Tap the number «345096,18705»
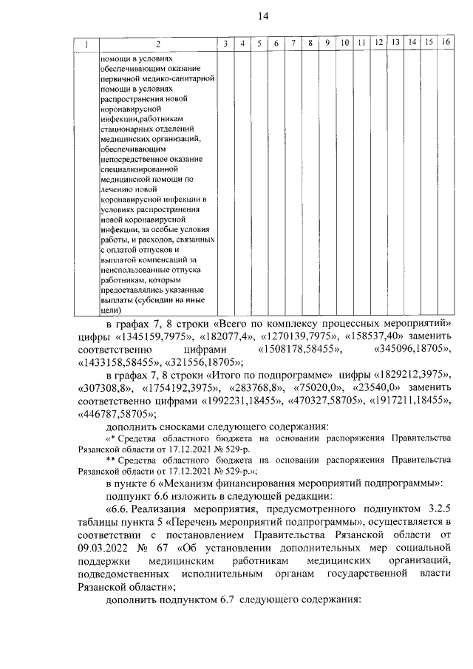(411, 349)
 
